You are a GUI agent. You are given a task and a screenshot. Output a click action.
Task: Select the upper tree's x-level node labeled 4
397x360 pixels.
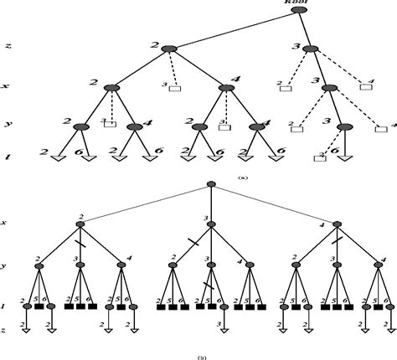click(226, 87)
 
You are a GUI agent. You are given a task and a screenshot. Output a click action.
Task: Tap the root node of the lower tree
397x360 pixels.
click(211, 184)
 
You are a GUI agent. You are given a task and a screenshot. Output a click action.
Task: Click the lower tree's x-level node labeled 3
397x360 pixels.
click(211, 224)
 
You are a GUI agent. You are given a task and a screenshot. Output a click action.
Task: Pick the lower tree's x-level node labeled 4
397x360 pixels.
click(337, 224)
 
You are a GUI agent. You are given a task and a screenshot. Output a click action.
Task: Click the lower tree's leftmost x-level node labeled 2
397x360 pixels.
click(80, 224)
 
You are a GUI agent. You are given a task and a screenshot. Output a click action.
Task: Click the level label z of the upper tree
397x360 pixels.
click(7, 49)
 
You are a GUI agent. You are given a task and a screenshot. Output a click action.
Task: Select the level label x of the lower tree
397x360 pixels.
click(6, 224)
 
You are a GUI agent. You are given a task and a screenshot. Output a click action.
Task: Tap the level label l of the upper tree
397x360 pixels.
click(7, 157)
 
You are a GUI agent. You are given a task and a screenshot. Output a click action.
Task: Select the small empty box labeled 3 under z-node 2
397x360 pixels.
click(174, 88)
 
